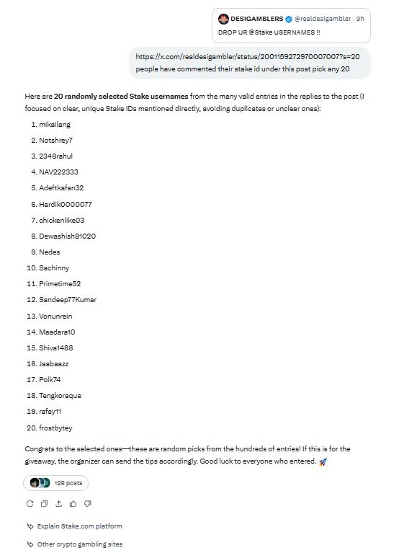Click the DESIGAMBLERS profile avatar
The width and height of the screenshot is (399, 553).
click(224, 17)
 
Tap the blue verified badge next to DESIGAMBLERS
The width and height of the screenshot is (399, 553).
click(287, 17)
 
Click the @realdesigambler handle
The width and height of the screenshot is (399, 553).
click(322, 17)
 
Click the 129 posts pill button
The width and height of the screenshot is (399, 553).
click(56, 483)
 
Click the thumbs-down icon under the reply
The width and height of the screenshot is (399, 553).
click(87, 503)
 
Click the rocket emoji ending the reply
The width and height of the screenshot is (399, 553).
click(323, 461)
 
